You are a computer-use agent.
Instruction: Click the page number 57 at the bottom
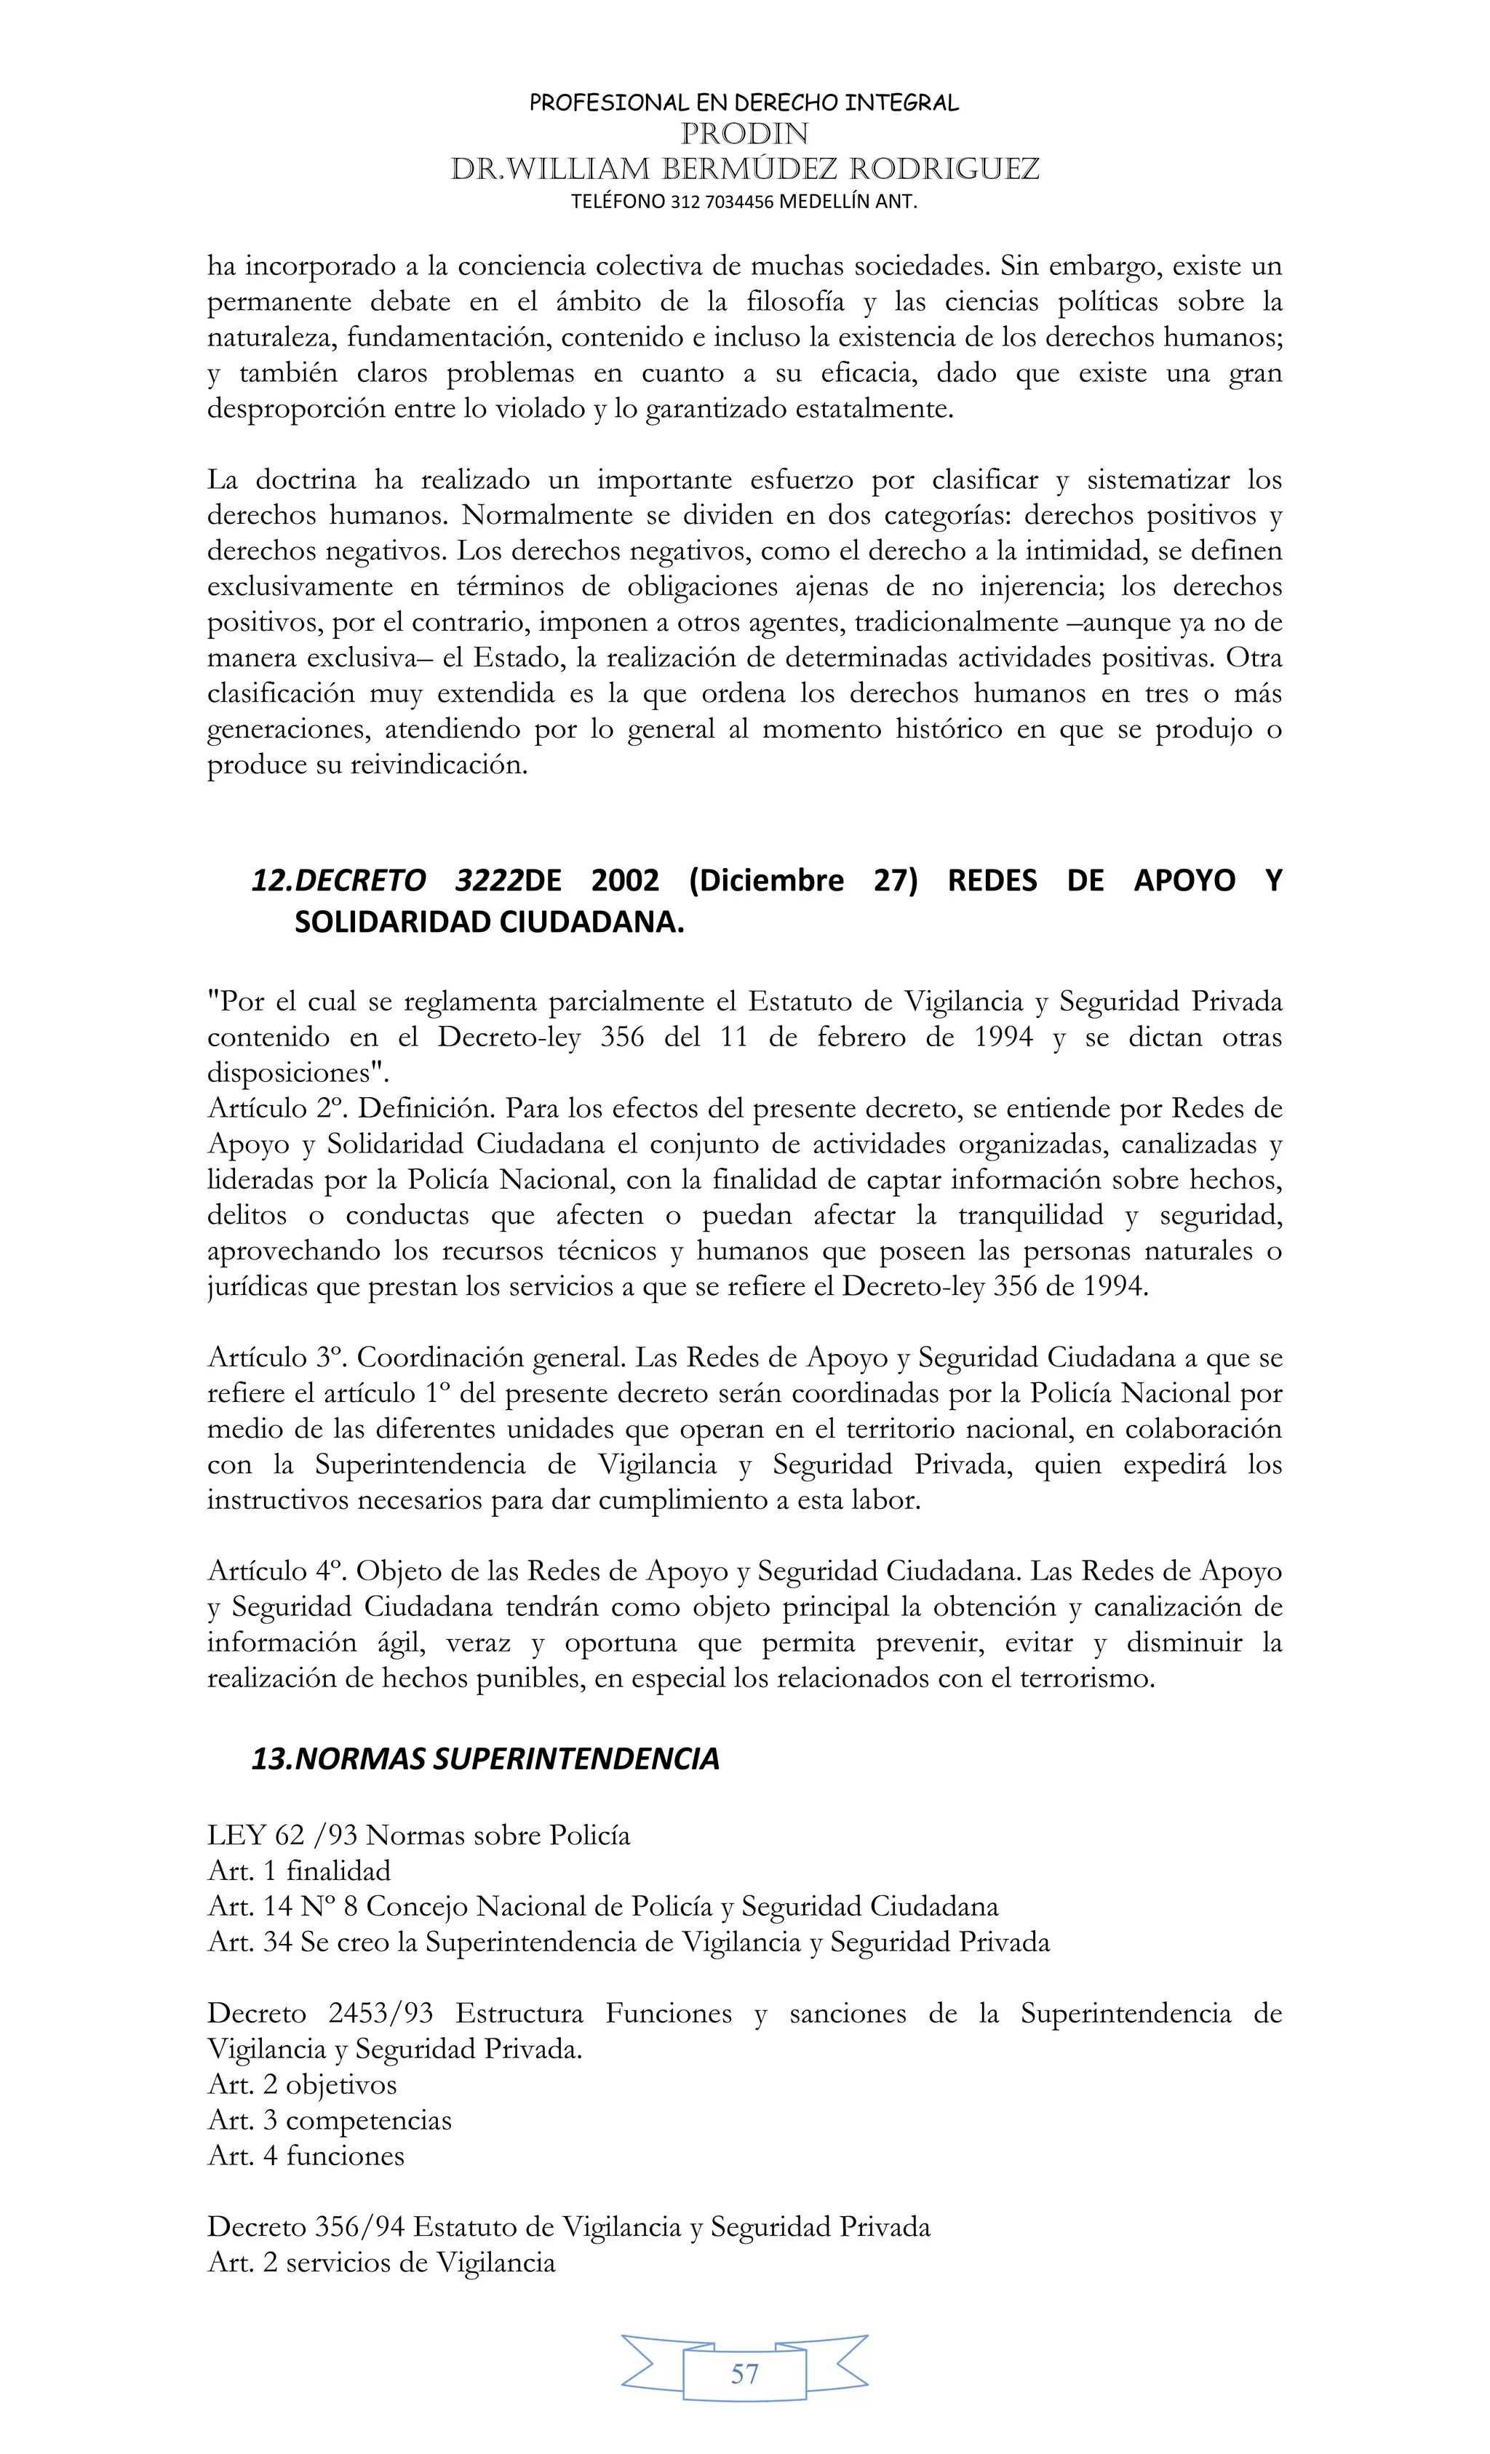[x=744, y=2373]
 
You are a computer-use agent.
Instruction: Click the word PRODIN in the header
[x=744, y=133]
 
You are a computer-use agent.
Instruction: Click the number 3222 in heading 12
[x=489, y=880]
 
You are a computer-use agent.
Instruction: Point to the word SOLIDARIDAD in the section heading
[x=391, y=923]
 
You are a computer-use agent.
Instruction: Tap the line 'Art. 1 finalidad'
[x=299, y=1871]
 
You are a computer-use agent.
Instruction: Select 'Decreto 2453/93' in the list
[x=319, y=2013]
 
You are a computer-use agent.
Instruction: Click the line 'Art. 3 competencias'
[x=329, y=2120]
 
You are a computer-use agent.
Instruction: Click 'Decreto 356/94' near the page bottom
[x=305, y=2227]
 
